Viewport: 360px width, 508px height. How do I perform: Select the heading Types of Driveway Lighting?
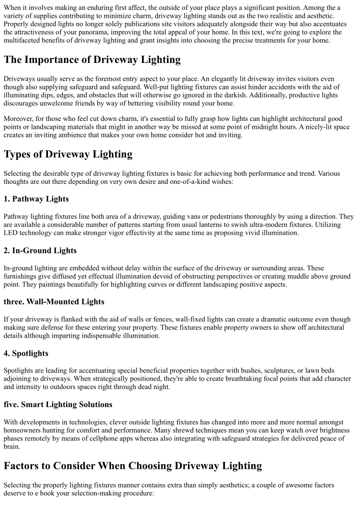click(68, 154)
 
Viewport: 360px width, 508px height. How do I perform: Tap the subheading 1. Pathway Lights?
click(36, 199)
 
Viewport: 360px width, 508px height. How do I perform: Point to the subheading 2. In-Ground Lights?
click(40, 250)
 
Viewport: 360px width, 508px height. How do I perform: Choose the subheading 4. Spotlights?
click(26, 353)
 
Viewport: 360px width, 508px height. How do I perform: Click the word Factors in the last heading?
click(26, 466)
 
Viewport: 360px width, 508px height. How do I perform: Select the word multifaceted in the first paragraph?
click(25, 40)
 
